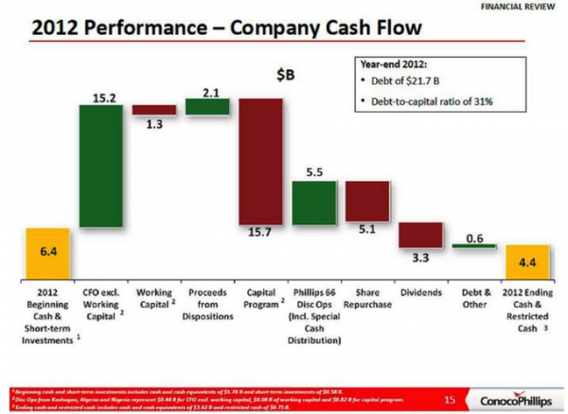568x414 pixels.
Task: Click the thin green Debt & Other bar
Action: pos(473,246)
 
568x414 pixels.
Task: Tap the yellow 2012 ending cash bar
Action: pos(525,260)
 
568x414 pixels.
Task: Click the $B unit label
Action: pos(281,74)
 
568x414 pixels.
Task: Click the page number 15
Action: pos(450,396)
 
